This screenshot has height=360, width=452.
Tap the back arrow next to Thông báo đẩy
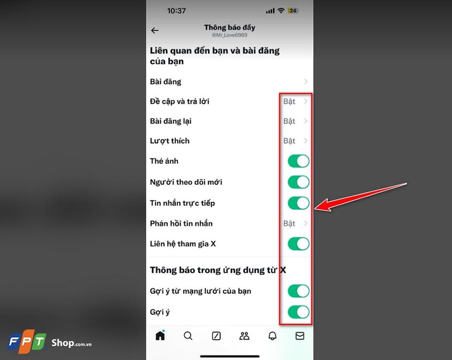tap(155, 31)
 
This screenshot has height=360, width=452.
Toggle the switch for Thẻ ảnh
tap(298, 161)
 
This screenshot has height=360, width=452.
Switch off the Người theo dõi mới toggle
tap(298, 182)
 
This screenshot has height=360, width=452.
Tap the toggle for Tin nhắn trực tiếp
tap(298, 203)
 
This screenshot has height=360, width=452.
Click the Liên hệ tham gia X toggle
tap(298, 244)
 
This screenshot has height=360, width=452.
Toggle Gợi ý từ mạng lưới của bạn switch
tap(298, 291)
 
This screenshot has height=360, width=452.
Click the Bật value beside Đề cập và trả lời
tap(289, 102)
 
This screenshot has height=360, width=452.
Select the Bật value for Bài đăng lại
tap(289, 121)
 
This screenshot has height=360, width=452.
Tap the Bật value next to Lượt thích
tap(289, 141)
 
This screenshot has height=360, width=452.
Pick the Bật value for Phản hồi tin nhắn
tap(289, 223)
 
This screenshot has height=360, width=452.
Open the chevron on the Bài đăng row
tap(306, 82)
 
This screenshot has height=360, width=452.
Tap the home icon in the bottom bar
tap(160, 335)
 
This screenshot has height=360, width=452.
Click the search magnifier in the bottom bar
tap(188, 336)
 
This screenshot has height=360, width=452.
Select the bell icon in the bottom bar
tap(272, 336)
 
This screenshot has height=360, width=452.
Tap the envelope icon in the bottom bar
tap(300, 336)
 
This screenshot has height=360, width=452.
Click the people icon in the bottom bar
tap(244, 336)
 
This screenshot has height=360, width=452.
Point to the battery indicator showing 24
tap(293, 11)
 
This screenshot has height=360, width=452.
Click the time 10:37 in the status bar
tap(177, 11)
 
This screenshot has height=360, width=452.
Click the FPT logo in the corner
tap(26, 342)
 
